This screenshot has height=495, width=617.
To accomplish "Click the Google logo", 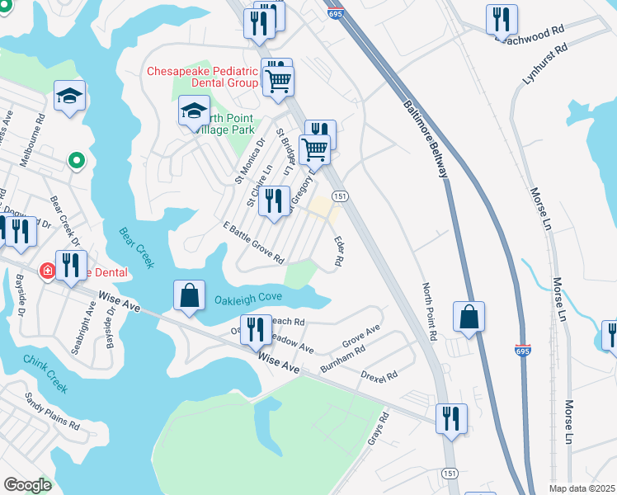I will tap(27, 485).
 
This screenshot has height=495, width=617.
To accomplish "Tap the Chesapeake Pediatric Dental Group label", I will tap(203, 77).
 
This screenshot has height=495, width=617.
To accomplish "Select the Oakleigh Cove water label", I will tap(248, 298).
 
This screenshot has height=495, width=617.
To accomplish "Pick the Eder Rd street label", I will tap(338, 252).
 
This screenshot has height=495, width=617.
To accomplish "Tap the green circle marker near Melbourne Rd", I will tap(77, 160).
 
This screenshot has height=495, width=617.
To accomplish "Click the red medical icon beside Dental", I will tap(47, 271).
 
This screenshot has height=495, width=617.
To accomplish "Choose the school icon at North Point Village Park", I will tap(195, 111).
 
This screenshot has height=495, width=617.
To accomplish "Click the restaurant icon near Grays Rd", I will tap(452, 417).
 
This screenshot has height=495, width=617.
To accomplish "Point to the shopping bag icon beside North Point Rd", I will tap(469, 316).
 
